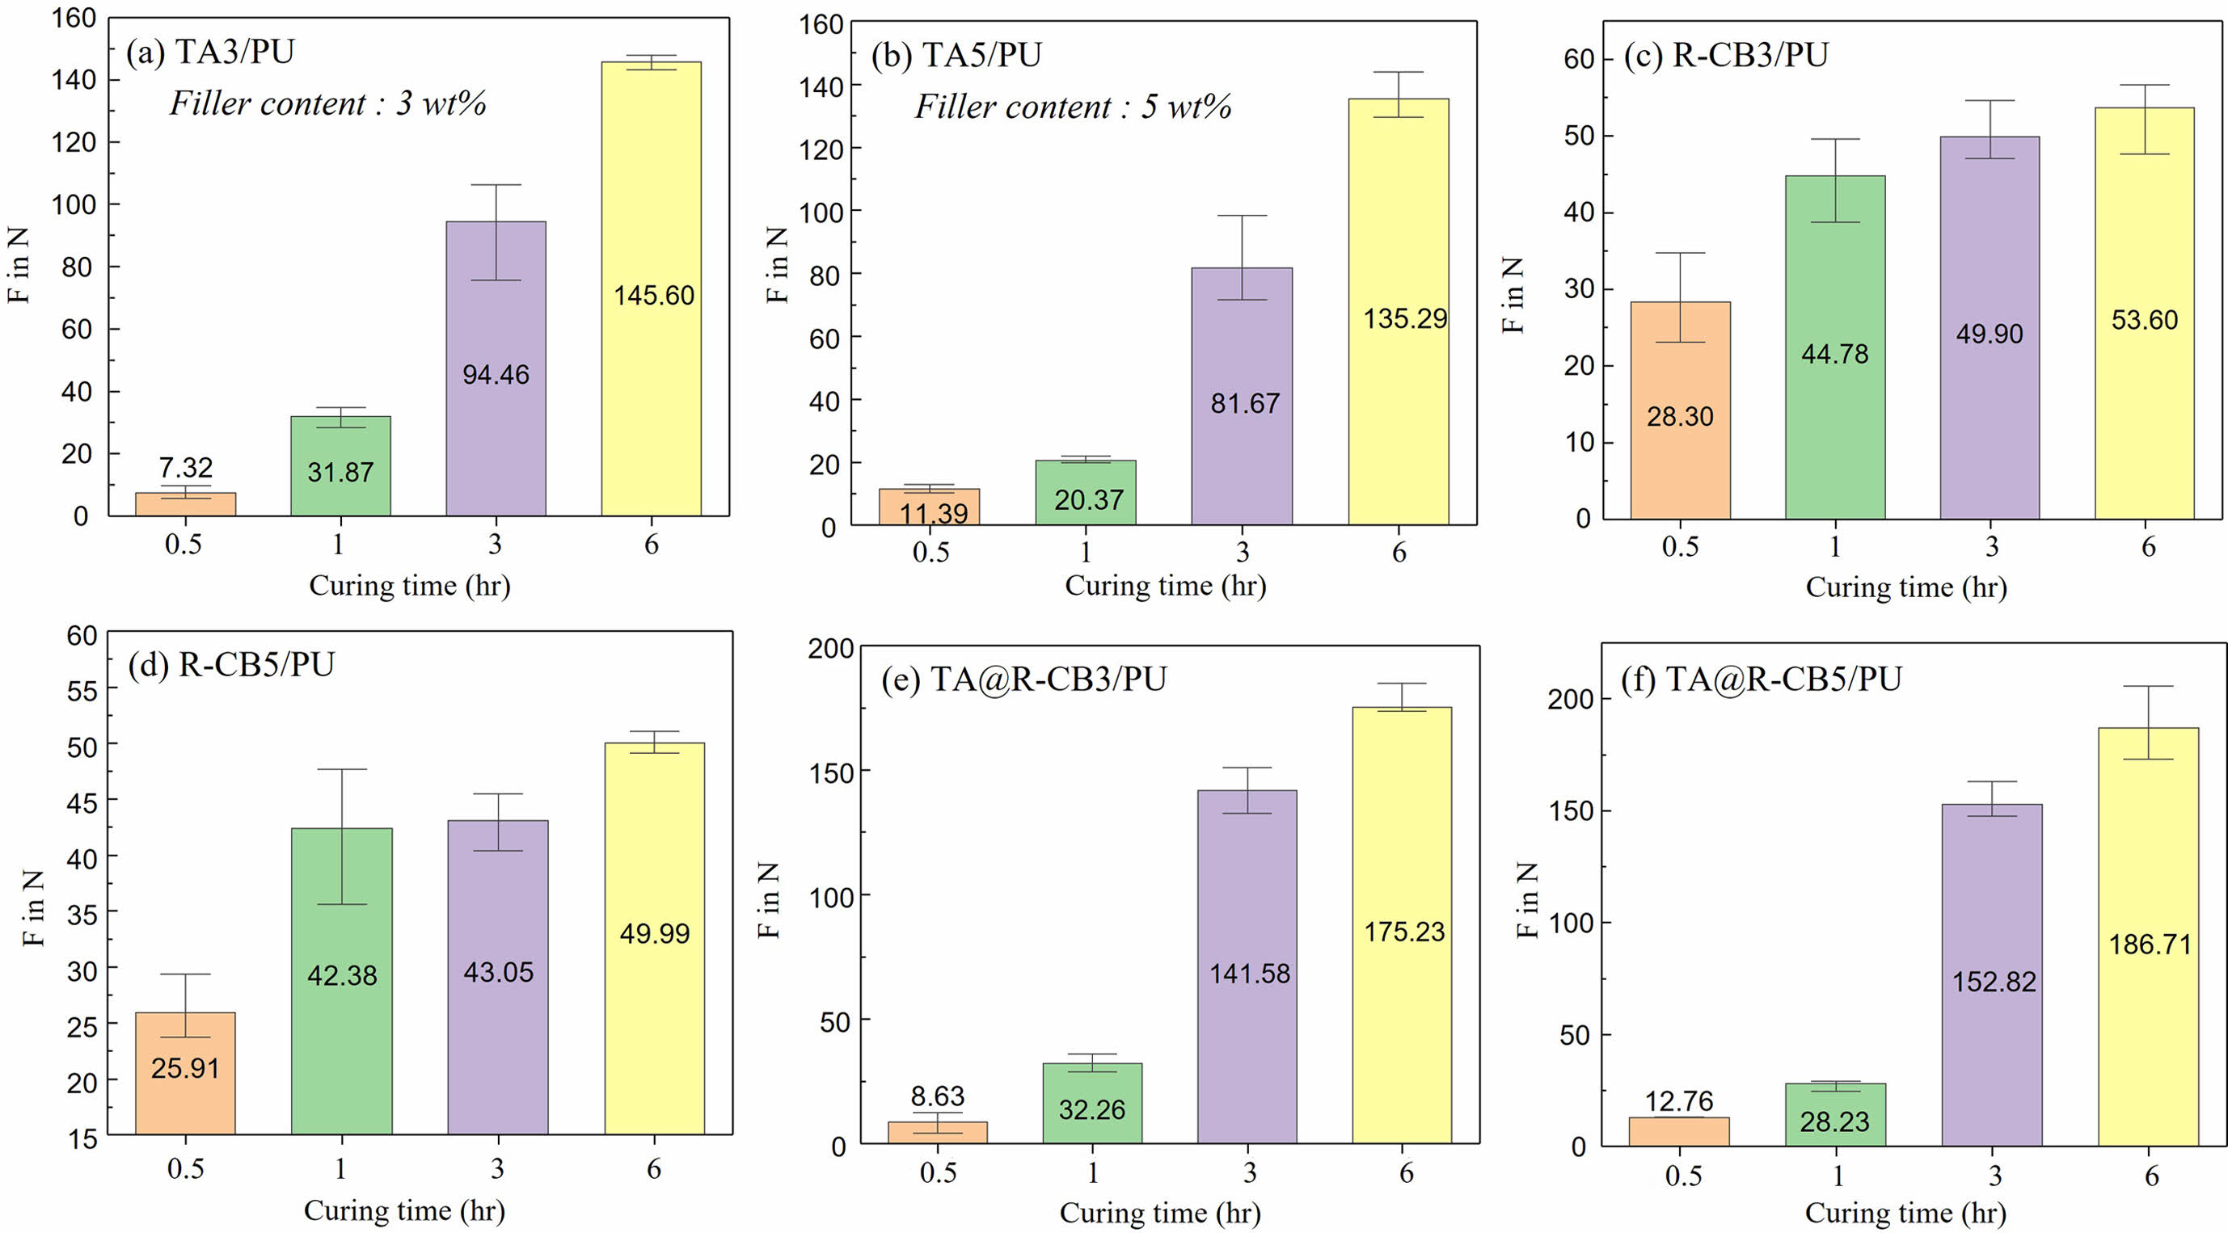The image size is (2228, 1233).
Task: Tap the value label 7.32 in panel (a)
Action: pyautogui.click(x=185, y=468)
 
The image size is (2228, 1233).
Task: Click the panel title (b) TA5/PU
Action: pyautogui.click(x=956, y=54)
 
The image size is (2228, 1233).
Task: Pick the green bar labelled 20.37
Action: pyautogui.click(x=1086, y=493)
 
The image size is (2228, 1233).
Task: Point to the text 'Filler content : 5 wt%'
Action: pyautogui.click(x=1073, y=107)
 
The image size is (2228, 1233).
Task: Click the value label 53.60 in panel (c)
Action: pyautogui.click(x=2144, y=320)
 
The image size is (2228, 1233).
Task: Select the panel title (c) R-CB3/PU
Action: pyautogui.click(x=1725, y=54)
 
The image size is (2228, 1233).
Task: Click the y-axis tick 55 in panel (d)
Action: pyautogui.click(x=82, y=690)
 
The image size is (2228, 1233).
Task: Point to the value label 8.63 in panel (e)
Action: pyautogui.click(x=937, y=1096)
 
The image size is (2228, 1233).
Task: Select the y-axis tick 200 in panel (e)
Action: pyautogui.click(x=830, y=649)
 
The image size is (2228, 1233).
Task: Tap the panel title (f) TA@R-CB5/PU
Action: pyautogui.click(x=1761, y=679)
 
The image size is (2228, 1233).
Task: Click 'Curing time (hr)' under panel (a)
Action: pyautogui.click(x=409, y=587)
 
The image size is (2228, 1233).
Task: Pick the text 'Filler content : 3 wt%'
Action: pyautogui.click(x=327, y=103)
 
